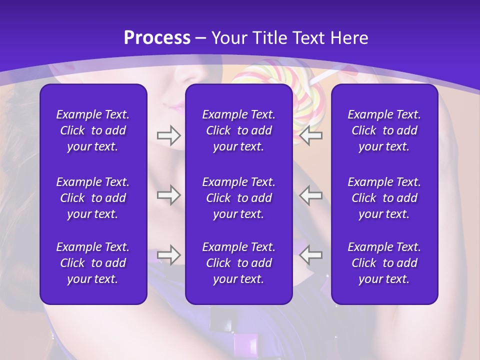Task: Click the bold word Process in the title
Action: pos(157,38)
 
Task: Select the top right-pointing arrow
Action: pos(168,135)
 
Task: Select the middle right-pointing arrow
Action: pos(168,195)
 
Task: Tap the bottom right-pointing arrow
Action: pos(168,255)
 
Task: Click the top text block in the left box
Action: pos(93,130)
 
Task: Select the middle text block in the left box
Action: pos(93,198)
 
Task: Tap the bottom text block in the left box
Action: pos(93,263)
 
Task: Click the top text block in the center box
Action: pos(239,130)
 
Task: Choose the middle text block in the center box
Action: pos(239,198)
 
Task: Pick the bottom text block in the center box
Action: pos(239,263)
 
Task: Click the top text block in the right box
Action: pos(384,130)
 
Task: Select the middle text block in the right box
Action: pos(384,198)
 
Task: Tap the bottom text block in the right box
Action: pos(384,263)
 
